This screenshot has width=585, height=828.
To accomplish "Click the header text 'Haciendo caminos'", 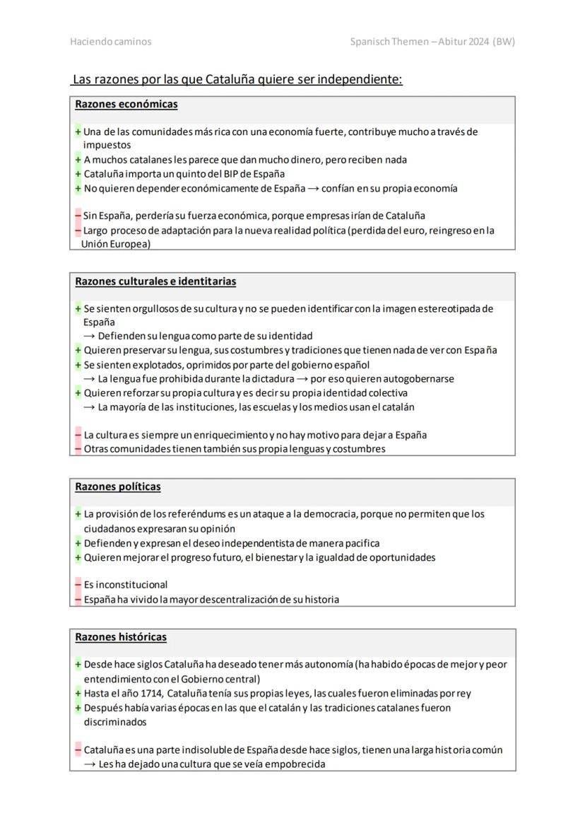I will click(x=110, y=42).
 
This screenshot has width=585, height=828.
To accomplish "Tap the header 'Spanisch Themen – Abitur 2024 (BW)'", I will click(x=432, y=42).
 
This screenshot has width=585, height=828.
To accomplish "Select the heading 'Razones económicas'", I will click(x=126, y=105).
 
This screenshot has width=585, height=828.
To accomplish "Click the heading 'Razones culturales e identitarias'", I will click(x=155, y=281).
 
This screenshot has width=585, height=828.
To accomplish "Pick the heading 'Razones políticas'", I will click(x=118, y=487).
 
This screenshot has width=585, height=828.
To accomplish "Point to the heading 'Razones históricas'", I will click(x=121, y=637).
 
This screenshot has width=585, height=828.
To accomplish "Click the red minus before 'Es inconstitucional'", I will click(x=78, y=585).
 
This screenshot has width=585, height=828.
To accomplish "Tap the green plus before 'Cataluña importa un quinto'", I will click(x=78, y=174).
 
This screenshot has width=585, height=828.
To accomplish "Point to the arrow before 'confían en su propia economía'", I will click(x=317, y=189).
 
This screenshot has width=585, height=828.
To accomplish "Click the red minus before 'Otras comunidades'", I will click(x=78, y=449).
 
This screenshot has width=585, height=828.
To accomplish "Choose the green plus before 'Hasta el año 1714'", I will click(x=78, y=694).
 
